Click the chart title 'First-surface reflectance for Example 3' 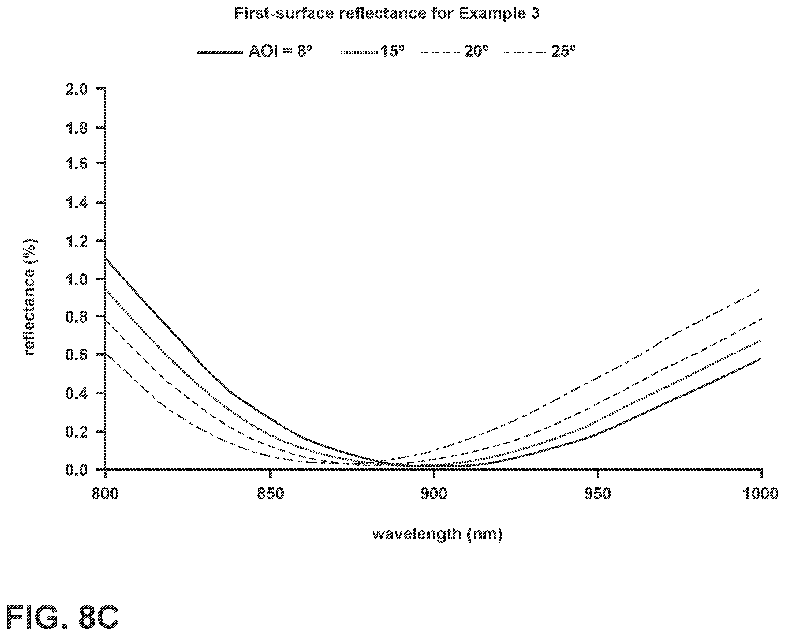(387, 14)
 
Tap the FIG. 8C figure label (63, 617)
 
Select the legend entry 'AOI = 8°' (255, 51)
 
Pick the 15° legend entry (372, 51)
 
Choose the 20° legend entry (455, 51)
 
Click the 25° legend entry (540, 51)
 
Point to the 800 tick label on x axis (105, 494)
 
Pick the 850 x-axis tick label (271, 494)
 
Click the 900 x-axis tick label (434, 494)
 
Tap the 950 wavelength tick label (598, 494)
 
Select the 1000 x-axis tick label (761, 494)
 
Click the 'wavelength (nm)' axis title (437, 534)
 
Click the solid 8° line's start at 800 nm (105, 258)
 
